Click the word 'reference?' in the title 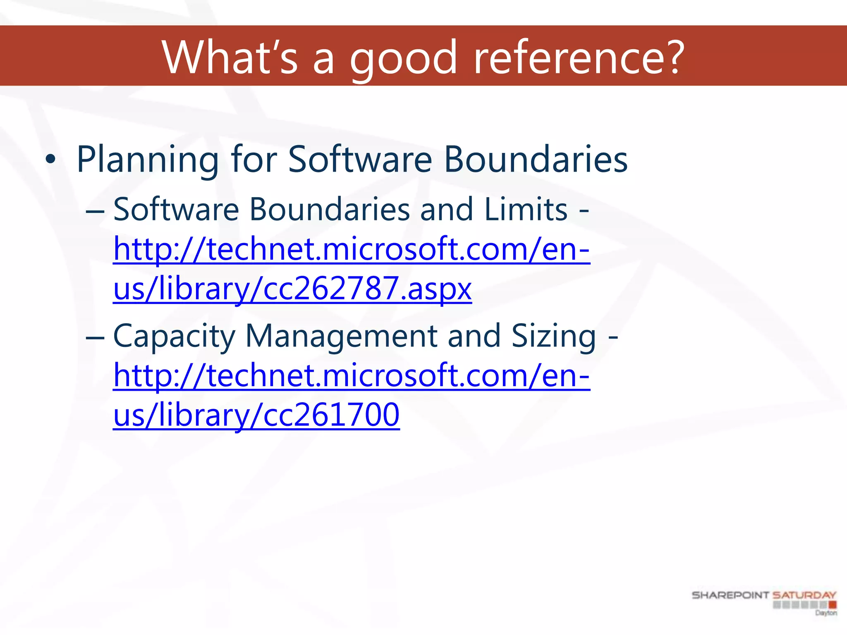coord(579,57)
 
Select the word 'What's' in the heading coord(230,57)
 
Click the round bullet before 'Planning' coord(50,160)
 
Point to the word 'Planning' coord(148,160)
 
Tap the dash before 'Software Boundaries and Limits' coord(95,211)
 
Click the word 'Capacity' coord(174,336)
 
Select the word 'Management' coord(341,336)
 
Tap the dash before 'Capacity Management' coord(95,337)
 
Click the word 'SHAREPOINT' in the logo coord(730,595)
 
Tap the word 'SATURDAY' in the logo coord(804,595)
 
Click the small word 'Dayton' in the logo coord(825,613)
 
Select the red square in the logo coord(833,605)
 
